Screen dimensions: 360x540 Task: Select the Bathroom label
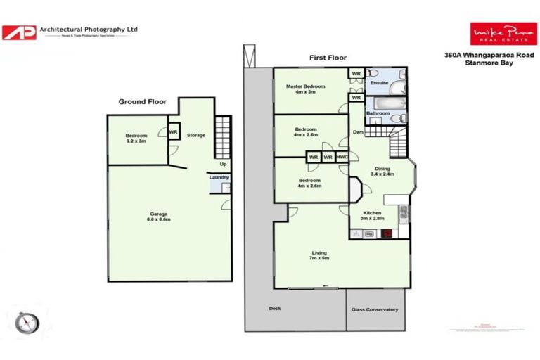point(378,113)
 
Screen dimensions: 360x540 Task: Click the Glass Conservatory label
point(375,309)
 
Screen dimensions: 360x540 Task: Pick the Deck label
point(275,308)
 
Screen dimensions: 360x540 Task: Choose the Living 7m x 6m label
point(319,255)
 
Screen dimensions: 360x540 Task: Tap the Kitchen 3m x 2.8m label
point(372,215)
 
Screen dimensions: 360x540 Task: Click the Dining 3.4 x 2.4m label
point(382,171)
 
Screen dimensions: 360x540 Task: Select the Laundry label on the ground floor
point(219,177)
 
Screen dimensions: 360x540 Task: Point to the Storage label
point(196,135)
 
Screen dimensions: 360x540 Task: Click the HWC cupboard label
point(342,157)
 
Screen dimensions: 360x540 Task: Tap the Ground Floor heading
point(142,102)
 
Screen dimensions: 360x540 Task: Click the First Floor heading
point(328,58)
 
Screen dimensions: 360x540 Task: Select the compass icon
point(27,321)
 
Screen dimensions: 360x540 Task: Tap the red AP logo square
point(19,32)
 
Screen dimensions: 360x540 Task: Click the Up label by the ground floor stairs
point(223,164)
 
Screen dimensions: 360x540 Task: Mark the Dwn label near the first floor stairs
point(358,131)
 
